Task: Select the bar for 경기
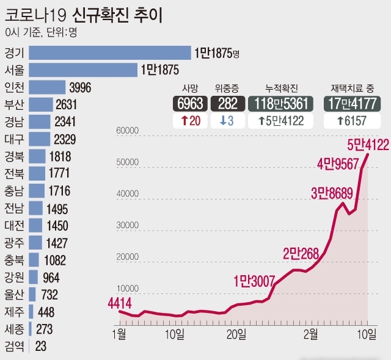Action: click(x=110, y=53)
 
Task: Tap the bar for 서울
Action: click(x=83, y=70)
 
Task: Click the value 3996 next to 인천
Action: click(x=80, y=87)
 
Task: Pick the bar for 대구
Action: click(x=39, y=139)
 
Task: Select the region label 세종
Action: click(x=14, y=329)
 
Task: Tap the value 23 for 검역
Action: click(x=40, y=347)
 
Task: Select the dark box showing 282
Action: click(x=227, y=103)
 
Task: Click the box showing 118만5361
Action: click(x=282, y=103)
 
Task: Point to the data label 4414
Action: click(x=120, y=302)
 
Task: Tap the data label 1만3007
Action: click(x=254, y=281)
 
